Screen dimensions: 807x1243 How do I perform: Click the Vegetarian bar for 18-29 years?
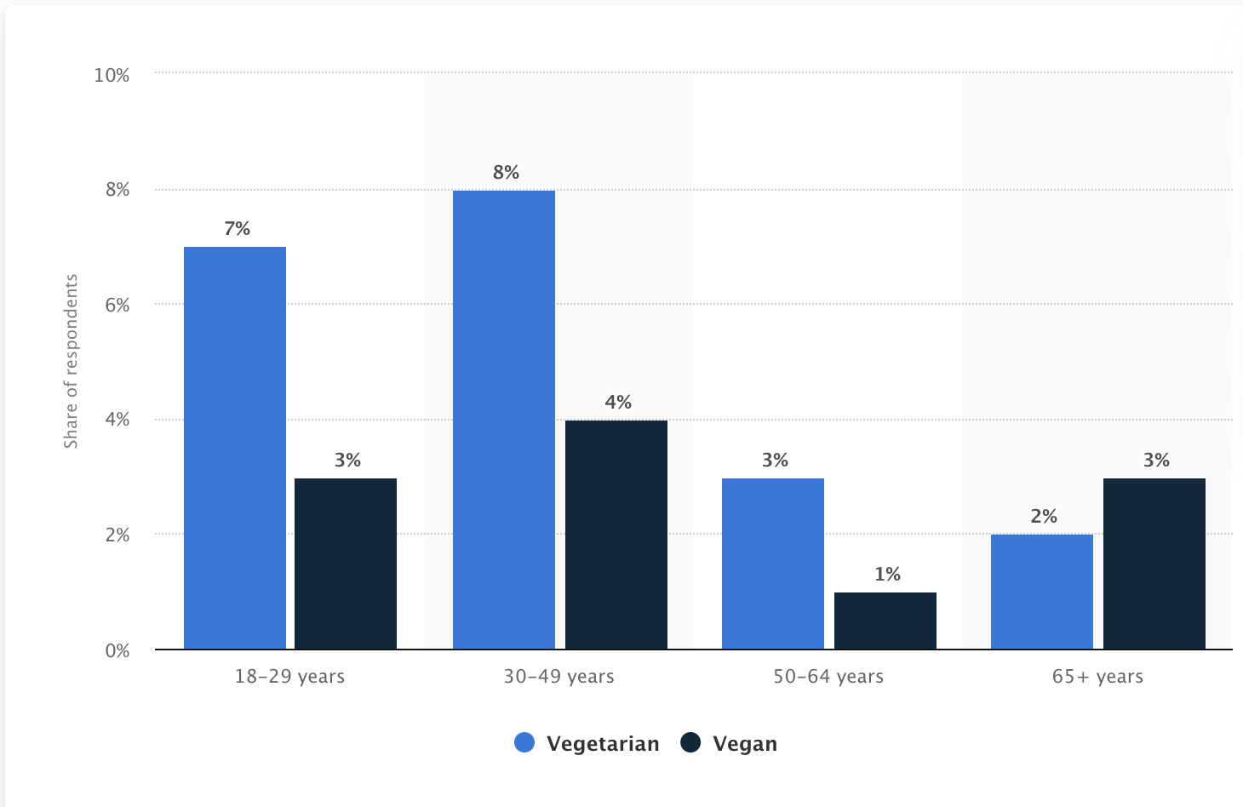[x=235, y=448]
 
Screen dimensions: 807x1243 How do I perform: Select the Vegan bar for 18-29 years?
[x=346, y=564]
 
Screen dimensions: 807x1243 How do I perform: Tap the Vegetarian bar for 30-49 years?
[x=504, y=420]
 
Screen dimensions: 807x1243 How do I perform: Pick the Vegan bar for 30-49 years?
[x=616, y=535]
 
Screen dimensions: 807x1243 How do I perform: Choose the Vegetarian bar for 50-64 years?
[x=773, y=564]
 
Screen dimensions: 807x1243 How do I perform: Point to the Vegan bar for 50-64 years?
[x=885, y=621]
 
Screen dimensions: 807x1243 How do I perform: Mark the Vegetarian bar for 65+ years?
[x=1042, y=592]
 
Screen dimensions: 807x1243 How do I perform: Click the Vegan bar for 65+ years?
[x=1154, y=564]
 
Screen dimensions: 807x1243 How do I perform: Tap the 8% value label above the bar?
[x=506, y=173]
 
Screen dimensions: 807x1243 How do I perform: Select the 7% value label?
[x=237, y=229]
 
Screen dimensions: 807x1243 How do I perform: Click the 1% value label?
[x=887, y=575]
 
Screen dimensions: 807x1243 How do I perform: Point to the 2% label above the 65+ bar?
[x=1044, y=517]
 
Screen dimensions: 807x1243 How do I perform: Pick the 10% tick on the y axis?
[x=112, y=75]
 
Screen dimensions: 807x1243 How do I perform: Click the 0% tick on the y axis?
[x=117, y=650]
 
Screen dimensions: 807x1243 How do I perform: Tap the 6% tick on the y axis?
[x=117, y=305]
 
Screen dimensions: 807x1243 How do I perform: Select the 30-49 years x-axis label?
[x=558, y=677]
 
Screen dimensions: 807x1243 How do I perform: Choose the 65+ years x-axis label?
[x=1097, y=677]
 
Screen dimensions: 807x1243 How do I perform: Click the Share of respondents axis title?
[x=71, y=361]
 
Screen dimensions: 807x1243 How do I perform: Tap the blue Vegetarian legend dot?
[x=524, y=743]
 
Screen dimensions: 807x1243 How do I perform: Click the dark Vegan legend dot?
[x=690, y=743]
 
